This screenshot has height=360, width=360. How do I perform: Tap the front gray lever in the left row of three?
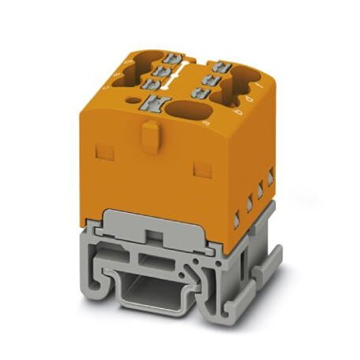coord(149,84)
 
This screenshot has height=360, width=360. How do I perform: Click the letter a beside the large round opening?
coord(207,123)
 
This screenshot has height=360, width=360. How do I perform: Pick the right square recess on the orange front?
coord(201,168)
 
